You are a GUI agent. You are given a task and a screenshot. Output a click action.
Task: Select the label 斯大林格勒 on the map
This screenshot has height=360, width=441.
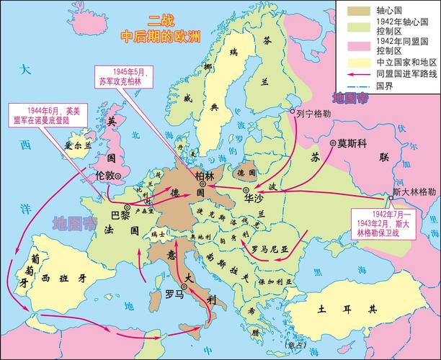(x=414, y=192)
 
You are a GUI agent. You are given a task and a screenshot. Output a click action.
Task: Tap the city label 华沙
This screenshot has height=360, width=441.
(x=254, y=196)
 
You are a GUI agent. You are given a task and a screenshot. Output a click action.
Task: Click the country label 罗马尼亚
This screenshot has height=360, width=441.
(x=269, y=248)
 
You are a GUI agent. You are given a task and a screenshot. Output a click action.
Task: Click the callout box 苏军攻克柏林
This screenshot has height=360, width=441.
(x=127, y=76)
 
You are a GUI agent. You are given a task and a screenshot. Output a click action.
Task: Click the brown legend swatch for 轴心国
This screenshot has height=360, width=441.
(x=355, y=11)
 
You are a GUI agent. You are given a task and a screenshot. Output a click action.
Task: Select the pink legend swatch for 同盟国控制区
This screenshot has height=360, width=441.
(x=355, y=45)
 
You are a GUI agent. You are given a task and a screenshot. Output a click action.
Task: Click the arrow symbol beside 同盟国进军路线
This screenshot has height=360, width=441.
(x=355, y=73)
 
